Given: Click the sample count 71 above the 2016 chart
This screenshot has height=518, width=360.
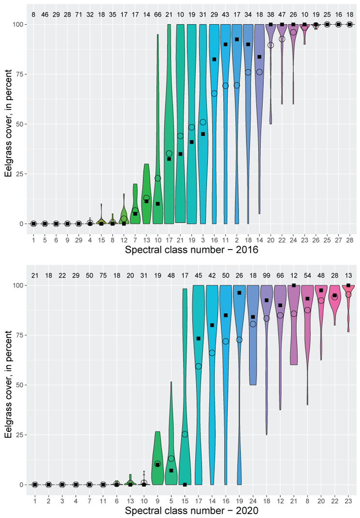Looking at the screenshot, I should (x=78, y=15).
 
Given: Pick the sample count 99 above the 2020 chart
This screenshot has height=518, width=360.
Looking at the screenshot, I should (x=267, y=276).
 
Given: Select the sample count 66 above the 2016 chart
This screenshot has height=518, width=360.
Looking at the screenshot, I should (x=158, y=15).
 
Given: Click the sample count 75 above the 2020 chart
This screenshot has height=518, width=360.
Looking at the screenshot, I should (x=103, y=276).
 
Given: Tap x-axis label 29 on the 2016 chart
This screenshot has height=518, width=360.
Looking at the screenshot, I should (x=78, y=239).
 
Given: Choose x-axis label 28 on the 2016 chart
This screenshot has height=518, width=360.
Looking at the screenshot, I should (x=350, y=239).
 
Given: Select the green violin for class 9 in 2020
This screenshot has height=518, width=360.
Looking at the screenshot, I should (x=157, y=462).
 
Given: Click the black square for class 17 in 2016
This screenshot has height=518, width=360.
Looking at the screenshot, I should (x=169, y=159).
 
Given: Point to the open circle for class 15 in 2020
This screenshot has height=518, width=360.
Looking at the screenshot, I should (x=185, y=434).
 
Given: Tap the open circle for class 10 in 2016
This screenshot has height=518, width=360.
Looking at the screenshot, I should (x=158, y=178).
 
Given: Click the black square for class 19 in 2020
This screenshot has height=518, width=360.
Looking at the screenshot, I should (x=240, y=293).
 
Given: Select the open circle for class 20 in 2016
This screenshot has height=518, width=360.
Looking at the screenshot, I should (x=270, y=45).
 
